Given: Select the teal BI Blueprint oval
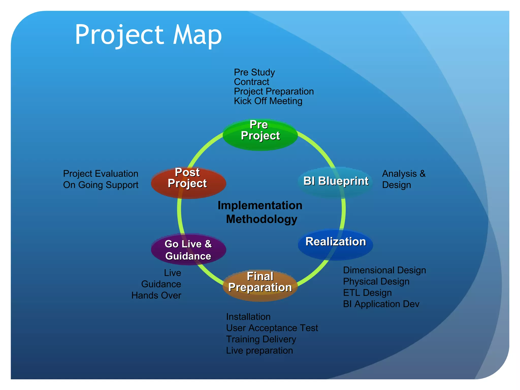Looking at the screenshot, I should click(335, 182).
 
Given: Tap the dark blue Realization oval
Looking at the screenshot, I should click(335, 244).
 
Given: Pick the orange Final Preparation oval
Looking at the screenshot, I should click(260, 285).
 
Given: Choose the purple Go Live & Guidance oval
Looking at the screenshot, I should click(188, 250).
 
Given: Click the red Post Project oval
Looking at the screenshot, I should click(188, 183).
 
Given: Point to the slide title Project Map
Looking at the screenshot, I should click(148, 35).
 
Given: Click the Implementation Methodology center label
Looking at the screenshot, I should click(261, 212).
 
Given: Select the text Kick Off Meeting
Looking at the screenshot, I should click(268, 101).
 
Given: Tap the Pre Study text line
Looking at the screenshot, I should click(254, 72).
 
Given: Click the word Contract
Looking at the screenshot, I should click(251, 82).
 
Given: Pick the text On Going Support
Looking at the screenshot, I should click(101, 185).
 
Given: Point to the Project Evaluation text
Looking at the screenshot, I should click(101, 174).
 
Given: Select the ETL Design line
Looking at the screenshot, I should click(367, 293).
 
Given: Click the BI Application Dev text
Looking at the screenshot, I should click(381, 304).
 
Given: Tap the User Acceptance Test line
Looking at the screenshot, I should click(272, 328).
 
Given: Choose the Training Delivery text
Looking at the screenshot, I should click(261, 339).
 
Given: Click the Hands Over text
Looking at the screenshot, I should click(156, 295).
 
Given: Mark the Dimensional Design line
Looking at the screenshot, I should click(384, 270).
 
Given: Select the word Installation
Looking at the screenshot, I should click(248, 317).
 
